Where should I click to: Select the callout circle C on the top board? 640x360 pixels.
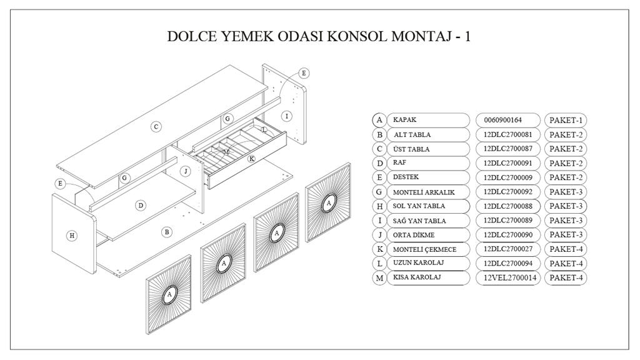click(156, 126)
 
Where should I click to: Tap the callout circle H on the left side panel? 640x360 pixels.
click(72, 236)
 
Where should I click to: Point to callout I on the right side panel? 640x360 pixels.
click(286, 116)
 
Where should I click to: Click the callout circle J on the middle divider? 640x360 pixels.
click(186, 171)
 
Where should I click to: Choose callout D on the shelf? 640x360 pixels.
click(141, 205)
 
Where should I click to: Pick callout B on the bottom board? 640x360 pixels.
click(166, 232)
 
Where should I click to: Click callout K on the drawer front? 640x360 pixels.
click(251, 158)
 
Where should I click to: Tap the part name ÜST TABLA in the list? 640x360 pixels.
click(411, 149)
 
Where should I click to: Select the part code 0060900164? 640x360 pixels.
click(503, 120)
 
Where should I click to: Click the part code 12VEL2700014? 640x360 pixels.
click(507, 278)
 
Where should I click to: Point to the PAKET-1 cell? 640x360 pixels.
click(566, 121)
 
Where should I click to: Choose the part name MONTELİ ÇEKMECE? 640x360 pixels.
click(424, 249)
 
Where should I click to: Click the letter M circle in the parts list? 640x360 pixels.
click(379, 278)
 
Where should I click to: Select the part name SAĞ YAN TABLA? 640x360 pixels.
click(419, 221)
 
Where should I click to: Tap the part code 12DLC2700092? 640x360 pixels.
click(507, 192)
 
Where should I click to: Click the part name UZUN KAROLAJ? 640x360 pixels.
click(418, 263)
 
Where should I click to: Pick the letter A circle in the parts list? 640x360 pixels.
click(379, 120)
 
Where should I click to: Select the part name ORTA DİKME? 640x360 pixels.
click(414, 235)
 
